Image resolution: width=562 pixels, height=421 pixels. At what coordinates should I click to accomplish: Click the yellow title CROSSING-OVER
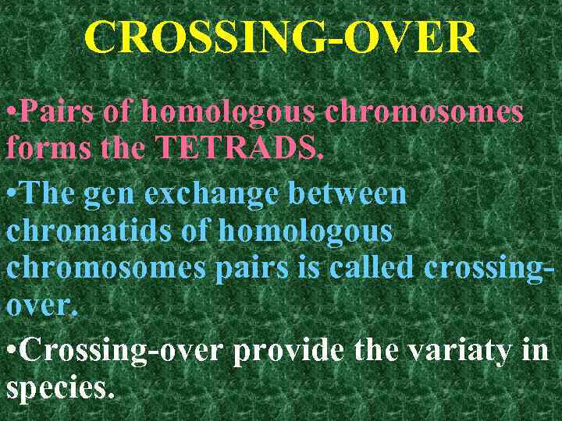[280, 37]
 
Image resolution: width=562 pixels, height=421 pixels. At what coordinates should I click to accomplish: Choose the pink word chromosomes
[424, 111]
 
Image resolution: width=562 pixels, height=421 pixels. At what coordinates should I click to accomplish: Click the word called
[374, 266]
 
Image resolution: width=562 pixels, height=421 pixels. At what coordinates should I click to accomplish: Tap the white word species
[59, 387]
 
